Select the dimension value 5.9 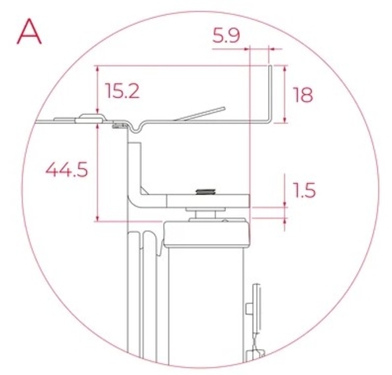click(227, 35)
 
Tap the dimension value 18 click(302, 96)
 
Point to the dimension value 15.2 click(122, 92)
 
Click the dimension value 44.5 click(66, 170)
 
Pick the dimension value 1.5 click(302, 190)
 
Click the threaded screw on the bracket click(206, 192)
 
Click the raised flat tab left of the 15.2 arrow click(90, 120)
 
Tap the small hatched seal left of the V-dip click(121, 124)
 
